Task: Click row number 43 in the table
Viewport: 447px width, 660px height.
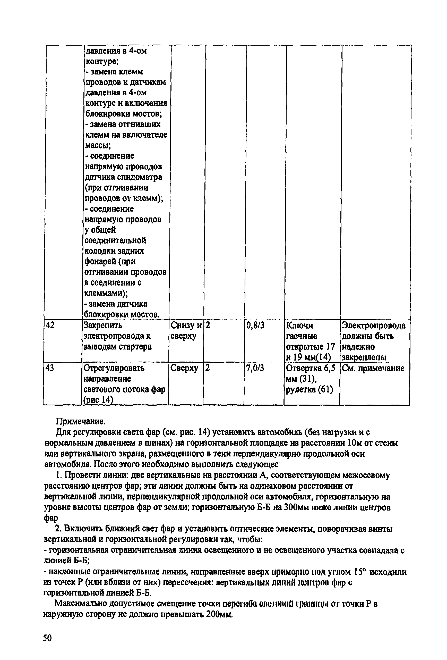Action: tap(50, 368)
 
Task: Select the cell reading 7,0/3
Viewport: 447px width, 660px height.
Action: tap(255, 368)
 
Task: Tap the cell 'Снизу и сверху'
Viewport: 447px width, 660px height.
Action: tap(186, 331)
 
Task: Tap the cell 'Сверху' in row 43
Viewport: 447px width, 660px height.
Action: tap(184, 368)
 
